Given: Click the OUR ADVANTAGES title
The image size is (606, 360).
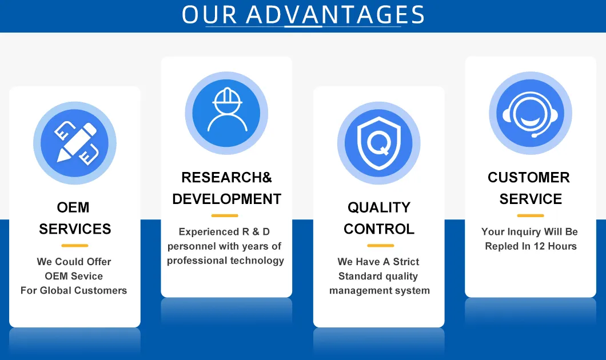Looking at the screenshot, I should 303,15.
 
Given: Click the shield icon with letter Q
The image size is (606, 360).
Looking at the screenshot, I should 378,143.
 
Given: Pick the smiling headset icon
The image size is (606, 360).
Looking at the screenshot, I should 531,113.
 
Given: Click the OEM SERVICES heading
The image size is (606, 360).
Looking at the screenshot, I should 74,218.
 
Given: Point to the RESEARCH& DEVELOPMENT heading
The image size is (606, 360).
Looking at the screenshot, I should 226,189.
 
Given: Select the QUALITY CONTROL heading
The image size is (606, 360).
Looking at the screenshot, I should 378,218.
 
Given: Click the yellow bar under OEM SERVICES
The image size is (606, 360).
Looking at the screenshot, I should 74,246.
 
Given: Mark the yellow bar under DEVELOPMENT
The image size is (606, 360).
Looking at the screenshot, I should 224,216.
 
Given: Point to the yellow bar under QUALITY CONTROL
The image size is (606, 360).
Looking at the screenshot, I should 380,246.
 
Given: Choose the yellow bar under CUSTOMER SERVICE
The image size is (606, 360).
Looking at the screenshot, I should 531,216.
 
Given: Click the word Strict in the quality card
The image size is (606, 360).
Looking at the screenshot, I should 406,262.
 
